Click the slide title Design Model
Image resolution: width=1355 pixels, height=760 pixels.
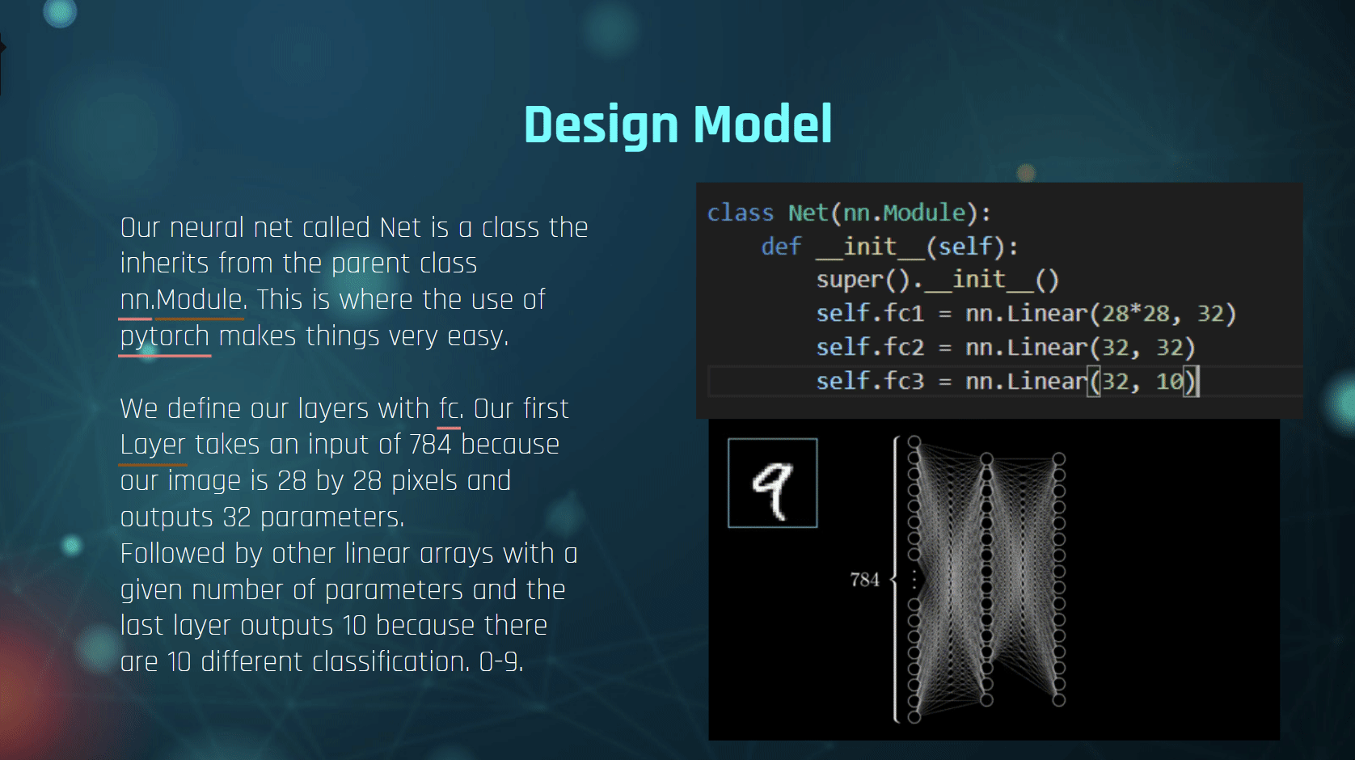click(678, 125)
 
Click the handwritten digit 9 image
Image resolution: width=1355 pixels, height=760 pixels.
click(772, 483)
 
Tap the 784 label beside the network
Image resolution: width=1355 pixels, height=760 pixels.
click(864, 580)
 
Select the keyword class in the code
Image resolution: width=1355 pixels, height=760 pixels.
click(741, 213)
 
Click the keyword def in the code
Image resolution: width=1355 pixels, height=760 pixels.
click(781, 247)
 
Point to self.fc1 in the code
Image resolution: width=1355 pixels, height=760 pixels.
click(870, 314)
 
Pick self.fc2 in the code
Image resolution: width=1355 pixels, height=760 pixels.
click(870, 348)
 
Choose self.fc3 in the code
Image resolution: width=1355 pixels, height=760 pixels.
click(870, 381)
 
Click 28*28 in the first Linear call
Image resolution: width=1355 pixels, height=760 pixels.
click(1135, 314)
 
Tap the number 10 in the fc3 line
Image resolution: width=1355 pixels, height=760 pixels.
click(1169, 381)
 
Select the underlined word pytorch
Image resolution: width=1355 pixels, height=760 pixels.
click(165, 336)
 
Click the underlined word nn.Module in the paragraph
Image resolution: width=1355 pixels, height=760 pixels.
click(181, 299)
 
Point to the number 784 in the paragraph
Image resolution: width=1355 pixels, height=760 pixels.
click(430, 445)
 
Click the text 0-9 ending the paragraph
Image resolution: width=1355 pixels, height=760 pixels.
click(500, 662)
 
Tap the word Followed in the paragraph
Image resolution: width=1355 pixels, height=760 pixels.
click(173, 554)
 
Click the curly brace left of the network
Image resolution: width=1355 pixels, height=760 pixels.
click(895, 580)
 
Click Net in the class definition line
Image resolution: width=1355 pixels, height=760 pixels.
click(808, 213)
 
